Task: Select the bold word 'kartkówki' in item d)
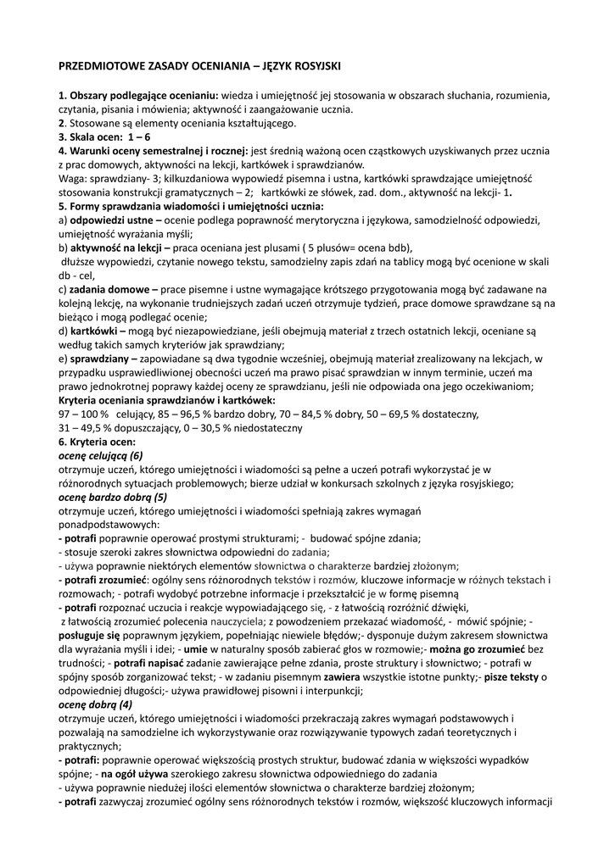click(x=96, y=331)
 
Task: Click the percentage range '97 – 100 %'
click(x=85, y=414)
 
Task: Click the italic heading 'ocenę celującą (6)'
click(x=100, y=455)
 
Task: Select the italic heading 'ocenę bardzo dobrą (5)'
click(x=113, y=497)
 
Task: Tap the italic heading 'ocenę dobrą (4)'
click(x=95, y=704)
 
